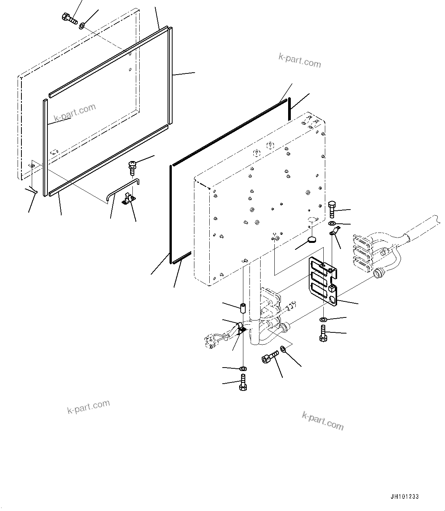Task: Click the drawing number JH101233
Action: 404,496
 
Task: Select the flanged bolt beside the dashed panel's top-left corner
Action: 69,18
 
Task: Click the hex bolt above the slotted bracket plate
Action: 331,208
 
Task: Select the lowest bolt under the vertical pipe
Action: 243,382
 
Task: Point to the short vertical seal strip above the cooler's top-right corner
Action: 290,109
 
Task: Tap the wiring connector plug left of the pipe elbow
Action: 213,340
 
